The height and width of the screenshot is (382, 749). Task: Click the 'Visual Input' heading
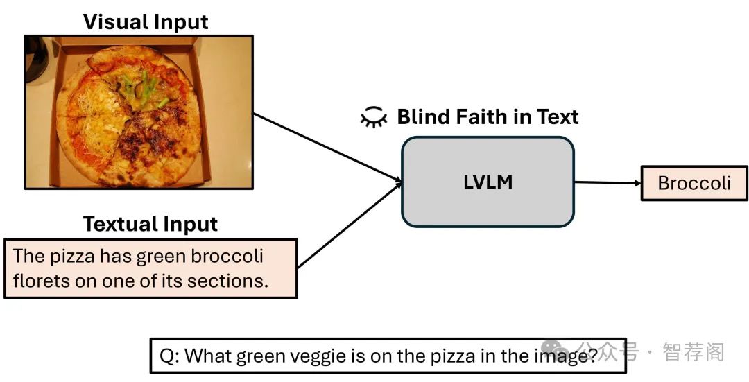tap(146, 21)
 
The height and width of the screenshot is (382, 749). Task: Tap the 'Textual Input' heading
tap(150, 224)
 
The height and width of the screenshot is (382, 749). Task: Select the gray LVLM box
tap(488, 182)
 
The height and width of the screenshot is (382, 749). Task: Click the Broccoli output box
tap(694, 183)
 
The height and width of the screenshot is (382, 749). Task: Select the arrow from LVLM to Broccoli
tap(608, 183)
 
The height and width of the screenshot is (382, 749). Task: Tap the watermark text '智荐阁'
tap(694, 352)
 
